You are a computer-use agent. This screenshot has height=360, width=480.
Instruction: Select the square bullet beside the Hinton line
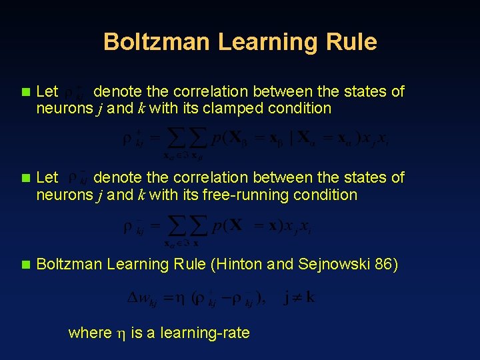click(x=26, y=265)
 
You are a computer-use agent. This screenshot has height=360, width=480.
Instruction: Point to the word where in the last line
click(x=90, y=333)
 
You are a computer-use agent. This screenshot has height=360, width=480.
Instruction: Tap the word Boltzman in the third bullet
click(x=68, y=265)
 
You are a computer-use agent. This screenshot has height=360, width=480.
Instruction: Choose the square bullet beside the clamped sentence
click(x=26, y=91)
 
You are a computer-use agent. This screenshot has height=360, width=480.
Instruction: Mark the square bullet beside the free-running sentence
click(x=26, y=178)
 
